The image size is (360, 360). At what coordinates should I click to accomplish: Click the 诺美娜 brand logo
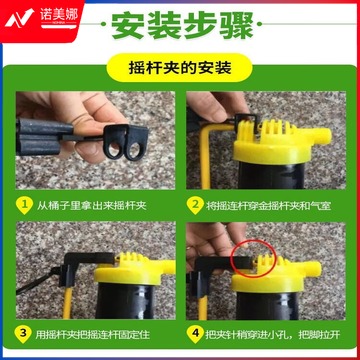point(41,18)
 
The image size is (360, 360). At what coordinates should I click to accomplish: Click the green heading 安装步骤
point(182,25)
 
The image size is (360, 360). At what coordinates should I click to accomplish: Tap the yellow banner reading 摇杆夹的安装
point(179,68)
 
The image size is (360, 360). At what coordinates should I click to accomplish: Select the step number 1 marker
point(24,205)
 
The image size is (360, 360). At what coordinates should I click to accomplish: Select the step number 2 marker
point(194,205)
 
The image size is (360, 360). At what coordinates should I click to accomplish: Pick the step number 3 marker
point(23,334)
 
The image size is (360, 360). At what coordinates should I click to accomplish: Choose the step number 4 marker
point(194,334)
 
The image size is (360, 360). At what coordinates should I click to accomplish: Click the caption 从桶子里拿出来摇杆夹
point(91,205)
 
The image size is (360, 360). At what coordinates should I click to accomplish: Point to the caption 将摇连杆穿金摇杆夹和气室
point(268,206)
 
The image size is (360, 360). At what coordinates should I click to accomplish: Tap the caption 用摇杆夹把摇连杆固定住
point(93,334)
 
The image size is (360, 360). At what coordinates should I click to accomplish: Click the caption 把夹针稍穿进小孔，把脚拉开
point(273,334)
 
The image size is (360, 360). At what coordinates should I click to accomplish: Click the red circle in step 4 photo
point(254,258)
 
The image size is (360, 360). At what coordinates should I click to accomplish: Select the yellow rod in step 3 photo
point(67,303)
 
